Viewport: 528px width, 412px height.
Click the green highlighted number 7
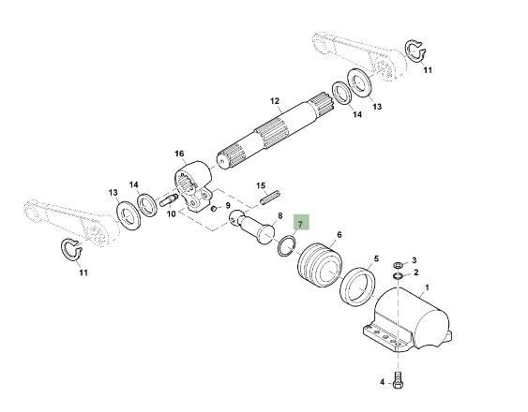coord(301,223)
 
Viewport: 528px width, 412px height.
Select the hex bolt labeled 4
coord(398,380)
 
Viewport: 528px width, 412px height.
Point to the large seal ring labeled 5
coord(357,287)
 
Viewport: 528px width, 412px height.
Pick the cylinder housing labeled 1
coord(407,321)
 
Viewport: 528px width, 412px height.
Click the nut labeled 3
coord(398,265)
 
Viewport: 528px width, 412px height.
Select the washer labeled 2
coord(398,276)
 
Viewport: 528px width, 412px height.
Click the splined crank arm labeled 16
coord(192,186)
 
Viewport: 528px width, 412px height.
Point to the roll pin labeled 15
coord(269,197)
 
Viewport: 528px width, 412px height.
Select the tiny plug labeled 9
coord(213,209)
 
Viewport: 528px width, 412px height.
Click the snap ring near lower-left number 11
coord(71,249)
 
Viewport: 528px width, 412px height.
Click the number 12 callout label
coord(275,101)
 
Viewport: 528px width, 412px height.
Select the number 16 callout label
coord(179,154)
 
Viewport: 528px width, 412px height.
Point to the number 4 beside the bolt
coord(383,382)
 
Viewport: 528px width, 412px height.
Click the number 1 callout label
coord(428,287)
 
